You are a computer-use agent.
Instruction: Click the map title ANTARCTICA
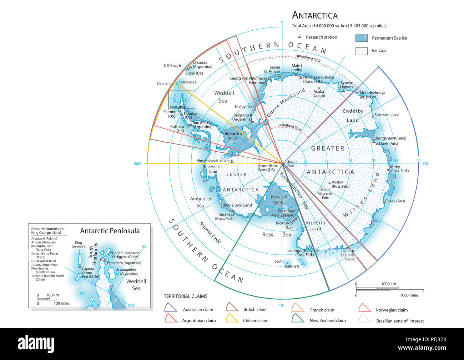[314, 15]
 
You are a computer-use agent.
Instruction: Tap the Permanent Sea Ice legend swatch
[361, 38]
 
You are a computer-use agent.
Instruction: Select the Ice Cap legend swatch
[361, 51]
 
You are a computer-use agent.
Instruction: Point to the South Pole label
[292, 163]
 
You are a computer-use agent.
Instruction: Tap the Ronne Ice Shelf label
[233, 136]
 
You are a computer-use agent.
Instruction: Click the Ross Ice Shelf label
[278, 200]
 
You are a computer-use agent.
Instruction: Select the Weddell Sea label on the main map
[224, 97]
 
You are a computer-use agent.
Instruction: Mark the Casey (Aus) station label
[395, 201]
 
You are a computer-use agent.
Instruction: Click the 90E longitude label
[425, 164]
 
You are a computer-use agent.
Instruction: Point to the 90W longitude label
[138, 164]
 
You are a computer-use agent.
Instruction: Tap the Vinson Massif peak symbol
[232, 161]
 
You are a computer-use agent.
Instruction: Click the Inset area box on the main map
[182, 100]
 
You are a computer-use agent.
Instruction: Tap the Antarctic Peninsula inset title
[110, 231]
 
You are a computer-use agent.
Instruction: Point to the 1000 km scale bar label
[388, 284]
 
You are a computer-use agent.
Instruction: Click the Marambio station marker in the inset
[117, 270]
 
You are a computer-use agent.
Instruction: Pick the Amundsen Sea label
[201, 202]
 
